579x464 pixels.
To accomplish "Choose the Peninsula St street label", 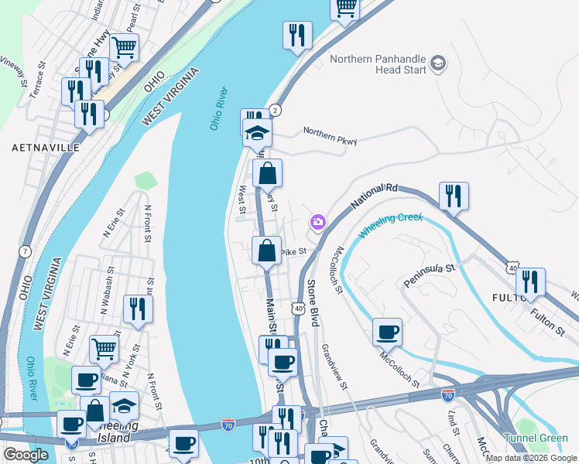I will pyautogui.click(x=429, y=275).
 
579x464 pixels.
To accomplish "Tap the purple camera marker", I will pyautogui.click(x=317, y=223).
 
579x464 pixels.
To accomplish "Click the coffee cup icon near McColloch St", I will pyautogui.click(x=387, y=332).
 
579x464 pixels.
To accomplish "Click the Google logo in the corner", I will pyautogui.click(x=26, y=455).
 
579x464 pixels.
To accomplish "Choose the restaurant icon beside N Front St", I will pyautogui.click(x=138, y=309).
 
